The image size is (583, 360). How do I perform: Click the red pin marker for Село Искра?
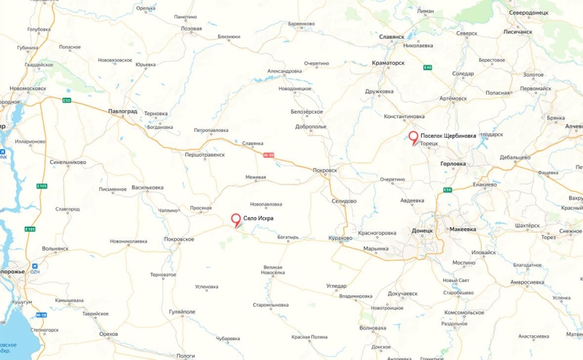point(235,219)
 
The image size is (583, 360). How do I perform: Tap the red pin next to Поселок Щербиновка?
point(413,137)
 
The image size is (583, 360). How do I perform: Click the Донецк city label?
point(422,230)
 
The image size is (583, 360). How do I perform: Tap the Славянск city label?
point(392,36)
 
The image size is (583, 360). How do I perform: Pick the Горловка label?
point(458,164)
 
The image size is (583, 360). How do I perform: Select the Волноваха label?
point(373,328)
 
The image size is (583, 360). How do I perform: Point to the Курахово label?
point(340,238)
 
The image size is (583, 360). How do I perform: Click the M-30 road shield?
point(268,154)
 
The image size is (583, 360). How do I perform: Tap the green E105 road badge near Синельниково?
point(42,187)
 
